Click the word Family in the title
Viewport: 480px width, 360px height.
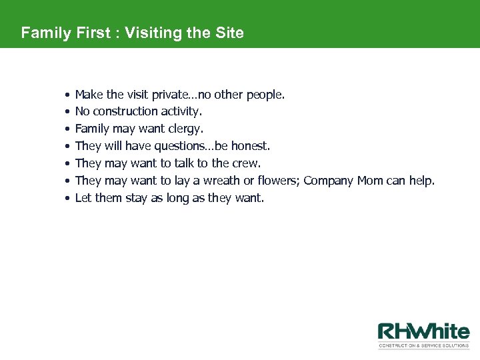tap(45, 33)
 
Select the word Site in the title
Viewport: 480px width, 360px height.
tap(230, 33)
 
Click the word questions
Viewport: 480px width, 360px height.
tap(181, 146)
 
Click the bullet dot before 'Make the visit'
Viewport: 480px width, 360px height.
tap(67, 95)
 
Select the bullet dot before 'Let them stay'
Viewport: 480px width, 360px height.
tap(67, 199)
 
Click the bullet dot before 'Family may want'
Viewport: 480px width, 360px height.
tap(67, 129)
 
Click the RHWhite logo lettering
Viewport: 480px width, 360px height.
tap(423, 331)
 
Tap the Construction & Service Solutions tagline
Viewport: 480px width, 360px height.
tap(423, 346)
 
